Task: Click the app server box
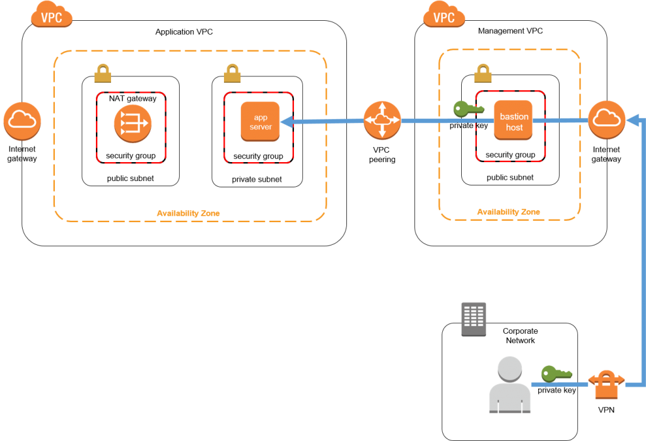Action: [x=260, y=121]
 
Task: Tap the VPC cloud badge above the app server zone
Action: [x=52, y=15]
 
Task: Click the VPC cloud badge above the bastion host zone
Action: [x=444, y=15]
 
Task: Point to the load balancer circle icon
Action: [x=132, y=123]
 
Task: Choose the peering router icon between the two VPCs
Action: [x=382, y=121]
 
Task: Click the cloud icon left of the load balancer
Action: [x=22, y=121]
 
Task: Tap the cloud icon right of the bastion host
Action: [x=606, y=120]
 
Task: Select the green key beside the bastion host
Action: [x=467, y=109]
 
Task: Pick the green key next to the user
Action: [x=556, y=373]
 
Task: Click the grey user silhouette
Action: [x=510, y=385]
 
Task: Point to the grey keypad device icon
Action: [x=474, y=319]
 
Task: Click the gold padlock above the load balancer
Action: [x=103, y=74]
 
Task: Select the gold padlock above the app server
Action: [x=232, y=74]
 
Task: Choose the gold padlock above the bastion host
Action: [x=483, y=74]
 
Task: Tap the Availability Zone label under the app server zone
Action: [x=188, y=213]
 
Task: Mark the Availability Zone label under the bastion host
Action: [x=508, y=212]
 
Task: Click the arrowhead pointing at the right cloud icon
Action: [x=632, y=119]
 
